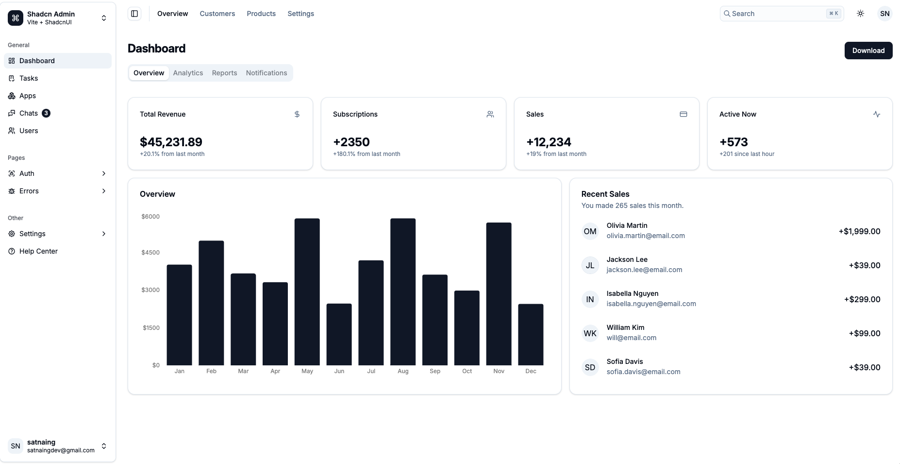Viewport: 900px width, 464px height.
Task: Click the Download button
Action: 868,51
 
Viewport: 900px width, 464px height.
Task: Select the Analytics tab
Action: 188,73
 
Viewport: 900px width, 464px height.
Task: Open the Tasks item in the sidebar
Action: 29,78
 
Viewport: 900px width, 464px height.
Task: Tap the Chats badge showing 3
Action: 46,113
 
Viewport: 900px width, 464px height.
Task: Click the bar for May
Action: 307,292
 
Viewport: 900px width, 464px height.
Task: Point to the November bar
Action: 499,293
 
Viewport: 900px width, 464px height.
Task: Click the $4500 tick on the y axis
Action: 150,253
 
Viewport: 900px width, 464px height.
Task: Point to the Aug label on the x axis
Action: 403,371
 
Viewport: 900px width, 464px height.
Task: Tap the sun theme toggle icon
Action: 860,14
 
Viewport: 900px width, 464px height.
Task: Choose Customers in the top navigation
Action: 217,14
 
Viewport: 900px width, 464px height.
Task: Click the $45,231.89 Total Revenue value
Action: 171,142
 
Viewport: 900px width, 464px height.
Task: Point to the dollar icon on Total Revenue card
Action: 297,114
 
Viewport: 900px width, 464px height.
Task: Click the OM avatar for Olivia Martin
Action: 590,231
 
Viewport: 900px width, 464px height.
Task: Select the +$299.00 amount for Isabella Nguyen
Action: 862,299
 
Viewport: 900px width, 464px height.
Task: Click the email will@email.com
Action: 631,338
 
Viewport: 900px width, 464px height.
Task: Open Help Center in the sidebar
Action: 38,251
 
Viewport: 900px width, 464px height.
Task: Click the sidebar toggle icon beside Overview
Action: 134,14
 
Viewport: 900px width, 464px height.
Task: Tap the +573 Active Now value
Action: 733,142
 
